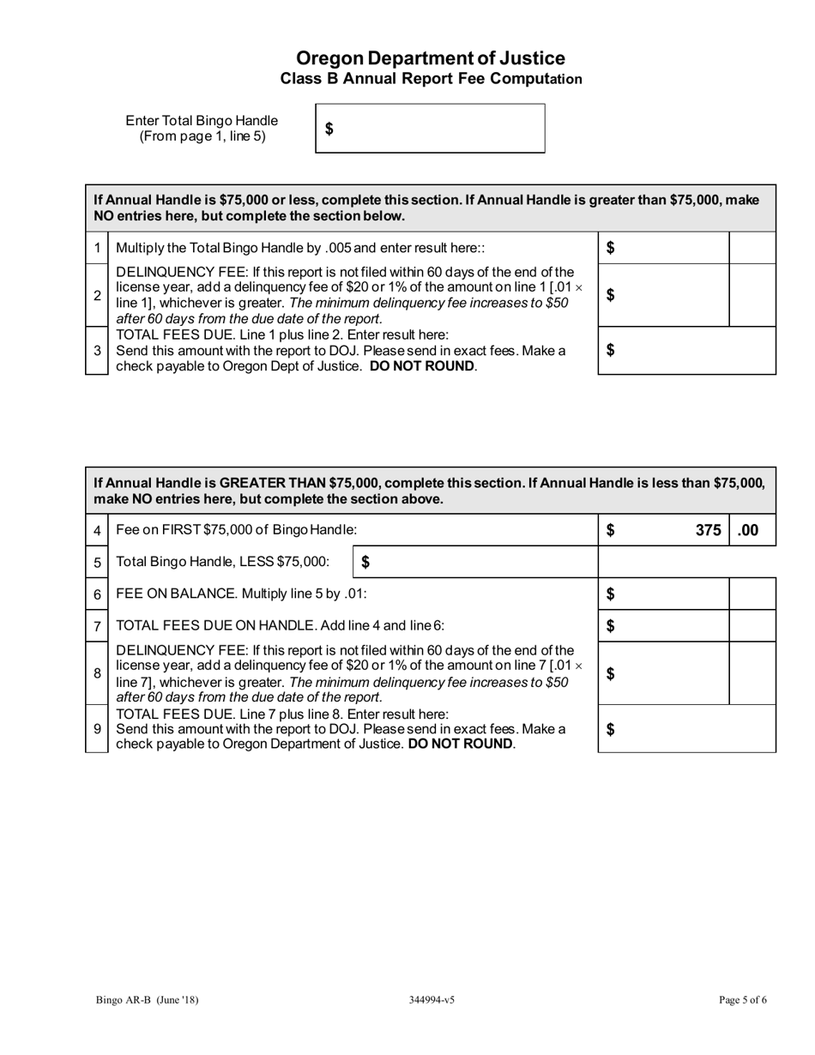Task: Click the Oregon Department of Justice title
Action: click(x=430, y=58)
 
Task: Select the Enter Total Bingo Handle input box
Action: click(x=430, y=129)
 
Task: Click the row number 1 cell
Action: click(x=97, y=248)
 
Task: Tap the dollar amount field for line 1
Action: click(x=662, y=248)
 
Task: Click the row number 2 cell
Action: click(x=97, y=295)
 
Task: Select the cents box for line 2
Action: click(x=752, y=295)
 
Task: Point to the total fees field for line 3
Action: click(x=686, y=350)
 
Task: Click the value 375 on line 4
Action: click(x=707, y=530)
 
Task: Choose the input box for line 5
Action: click(x=474, y=562)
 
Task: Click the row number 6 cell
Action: click(x=97, y=594)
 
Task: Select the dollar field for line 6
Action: click(x=662, y=594)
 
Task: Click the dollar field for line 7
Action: click(x=662, y=625)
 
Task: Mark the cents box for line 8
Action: click(x=752, y=673)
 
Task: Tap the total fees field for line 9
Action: click(x=686, y=729)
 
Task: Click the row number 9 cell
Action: click(x=97, y=729)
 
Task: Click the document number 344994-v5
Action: click(x=432, y=999)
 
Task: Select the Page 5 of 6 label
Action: click(x=742, y=999)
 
